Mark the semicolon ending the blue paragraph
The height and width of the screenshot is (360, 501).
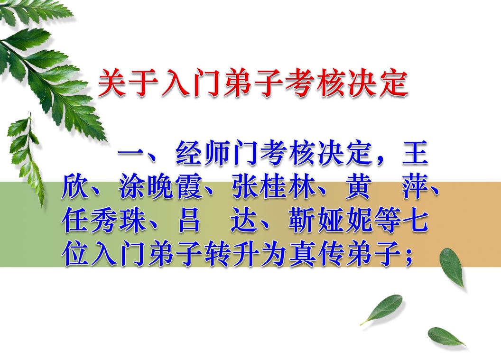[x=408, y=257]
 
